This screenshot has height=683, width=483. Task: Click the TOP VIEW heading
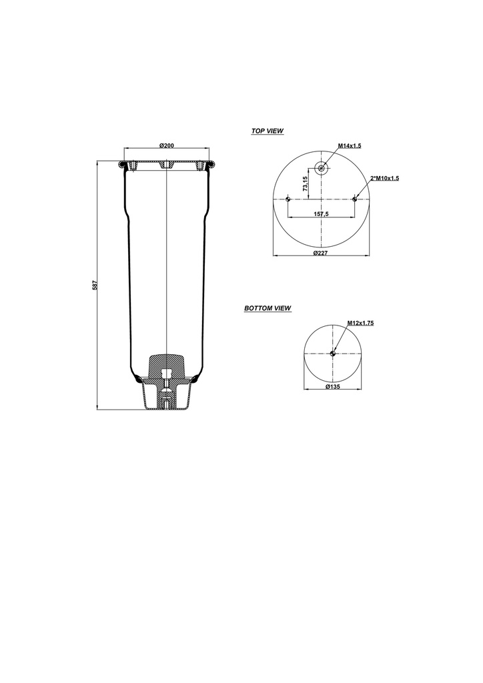pyautogui.click(x=267, y=131)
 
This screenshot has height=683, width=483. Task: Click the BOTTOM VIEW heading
pyautogui.click(x=267, y=309)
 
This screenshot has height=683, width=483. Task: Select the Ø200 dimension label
pyautogui.click(x=167, y=145)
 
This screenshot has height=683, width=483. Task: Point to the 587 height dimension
pyautogui.click(x=95, y=285)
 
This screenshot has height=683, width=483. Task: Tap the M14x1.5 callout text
pyautogui.click(x=349, y=145)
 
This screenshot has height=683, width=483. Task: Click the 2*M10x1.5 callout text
pyautogui.click(x=384, y=178)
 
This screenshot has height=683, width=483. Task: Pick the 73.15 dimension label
pyautogui.click(x=306, y=184)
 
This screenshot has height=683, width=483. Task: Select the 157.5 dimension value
pyautogui.click(x=322, y=214)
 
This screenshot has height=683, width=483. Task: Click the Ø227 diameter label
pyautogui.click(x=322, y=253)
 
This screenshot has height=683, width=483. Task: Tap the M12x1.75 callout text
pyautogui.click(x=360, y=323)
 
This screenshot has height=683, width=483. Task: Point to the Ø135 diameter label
pyautogui.click(x=333, y=387)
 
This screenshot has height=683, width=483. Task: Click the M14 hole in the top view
pyautogui.click(x=322, y=168)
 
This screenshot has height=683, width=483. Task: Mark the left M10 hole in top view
pyautogui.click(x=287, y=199)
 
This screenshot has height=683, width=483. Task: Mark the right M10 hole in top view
pyautogui.click(x=356, y=199)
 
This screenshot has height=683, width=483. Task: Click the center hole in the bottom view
pyautogui.click(x=333, y=353)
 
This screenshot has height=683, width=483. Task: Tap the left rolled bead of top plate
pyautogui.click(x=122, y=163)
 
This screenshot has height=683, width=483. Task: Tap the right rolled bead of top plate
pyautogui.click(x=211, y=163)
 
